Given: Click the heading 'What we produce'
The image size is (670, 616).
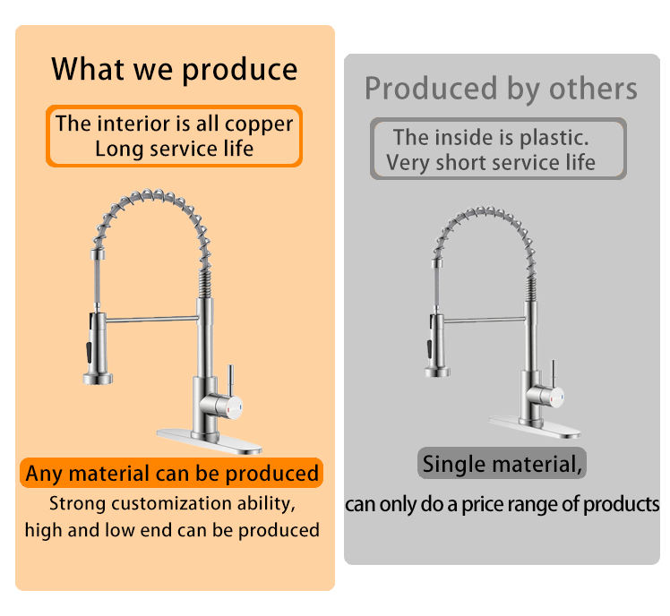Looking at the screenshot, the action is pyautogui.click(x=175, y=69).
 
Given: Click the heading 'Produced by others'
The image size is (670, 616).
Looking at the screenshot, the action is pyautogui.click(x=501, y=89).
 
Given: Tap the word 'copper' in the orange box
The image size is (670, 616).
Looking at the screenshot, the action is pyautogui.click(x=259, y=124).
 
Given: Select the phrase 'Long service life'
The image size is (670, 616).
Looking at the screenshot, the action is pyautogui.click(x=175, y=149).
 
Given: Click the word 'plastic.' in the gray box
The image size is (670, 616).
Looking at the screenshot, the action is pyautogui.click(x=554, y=138).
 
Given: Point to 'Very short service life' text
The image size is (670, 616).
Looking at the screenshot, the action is pyautogui.click(x=491, y=163).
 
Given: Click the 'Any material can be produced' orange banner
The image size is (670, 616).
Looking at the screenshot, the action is pyautogui.click(x=171, y=473).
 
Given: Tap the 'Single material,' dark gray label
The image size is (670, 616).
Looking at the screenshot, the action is pyautogui.click(x=502, y=463).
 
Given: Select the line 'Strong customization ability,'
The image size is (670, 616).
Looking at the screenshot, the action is pyautogui.click(x=172, y=504).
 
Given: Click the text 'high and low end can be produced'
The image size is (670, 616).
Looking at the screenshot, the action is pyautogui.click(x=172, y=530).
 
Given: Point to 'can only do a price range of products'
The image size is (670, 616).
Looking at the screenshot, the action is pyautogui.click(x=502, y=504).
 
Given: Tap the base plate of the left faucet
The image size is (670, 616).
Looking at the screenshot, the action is pyautogui.click(x=210, y=441).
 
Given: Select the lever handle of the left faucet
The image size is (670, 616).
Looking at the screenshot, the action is pyautogui.click(x=230, y=381).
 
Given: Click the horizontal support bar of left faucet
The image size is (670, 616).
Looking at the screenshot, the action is pyautogui.click(x=152, y=319).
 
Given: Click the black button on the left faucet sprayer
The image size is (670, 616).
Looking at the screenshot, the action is pyautogui.click(x=89, y=351).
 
